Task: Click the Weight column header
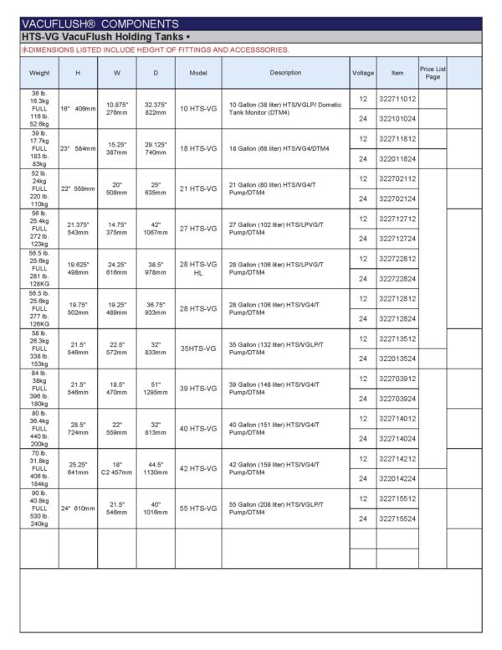click(x=39, y=73)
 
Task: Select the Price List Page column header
click(x=432, y=73)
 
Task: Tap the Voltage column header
click(x=362, y=73)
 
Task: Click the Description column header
click(x=285, y=73)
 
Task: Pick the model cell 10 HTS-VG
click(x=198, y=109)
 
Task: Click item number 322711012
click(x=397, y=99)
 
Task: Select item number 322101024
click(x=397, y=119)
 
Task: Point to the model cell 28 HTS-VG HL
click(x=198, y=268)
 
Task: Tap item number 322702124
click(x=397, y=199)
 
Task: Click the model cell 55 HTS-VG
click(x=198, y=508)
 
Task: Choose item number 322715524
click(x=397, y=518)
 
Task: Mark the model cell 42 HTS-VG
click(x=198, y=468)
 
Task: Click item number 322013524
click(x=397, y=359)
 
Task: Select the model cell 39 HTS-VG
click(x=198, y=389)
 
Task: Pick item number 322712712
click(x=397, y=219)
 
